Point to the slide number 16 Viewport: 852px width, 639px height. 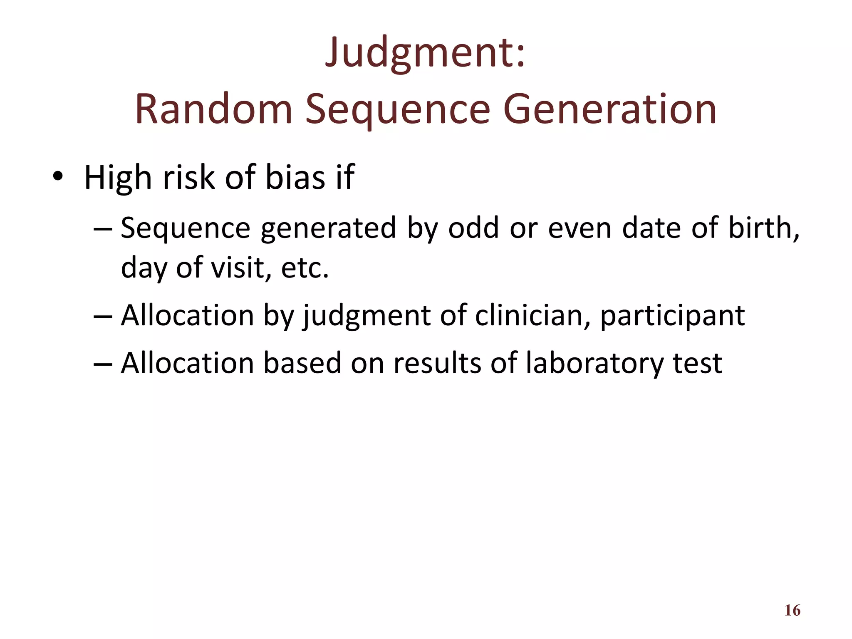point(792,610)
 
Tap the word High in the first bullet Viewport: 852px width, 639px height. point(118,178)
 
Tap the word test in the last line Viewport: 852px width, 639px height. point(697,363)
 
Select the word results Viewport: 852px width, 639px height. point(437,363)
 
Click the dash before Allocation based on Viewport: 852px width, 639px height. point(103,363)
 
